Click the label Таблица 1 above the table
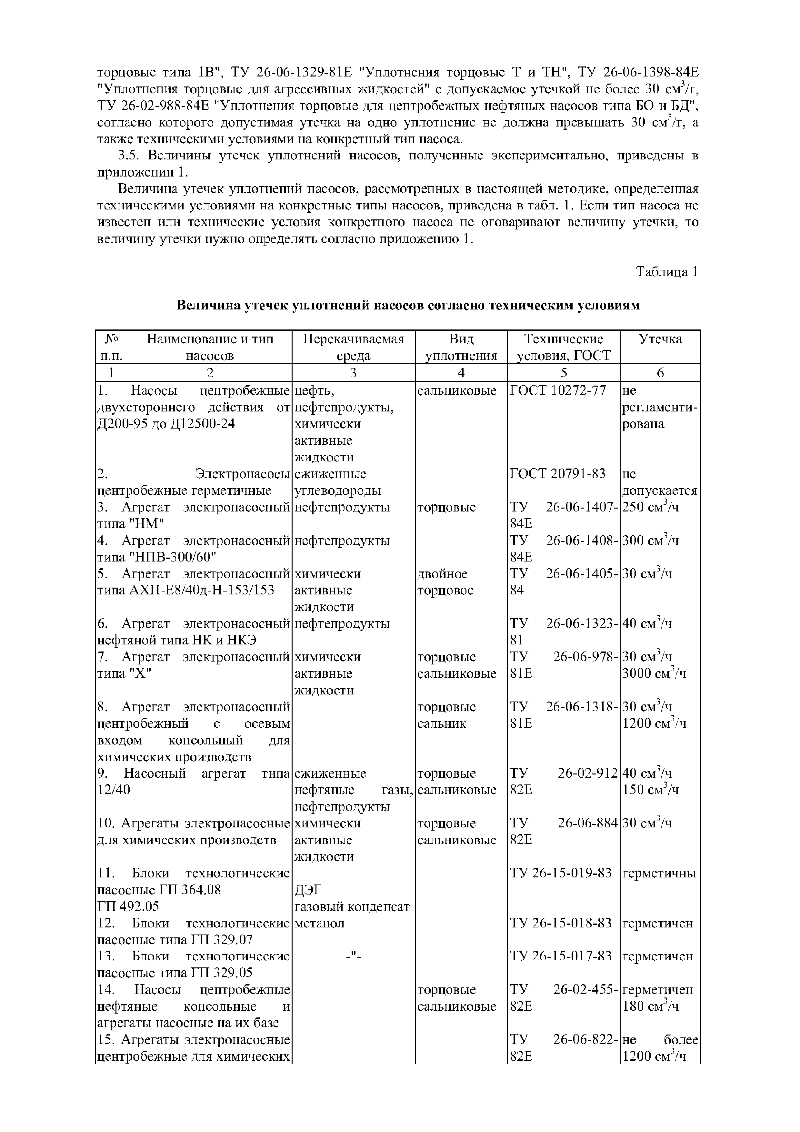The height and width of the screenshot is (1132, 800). click(666, 272)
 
